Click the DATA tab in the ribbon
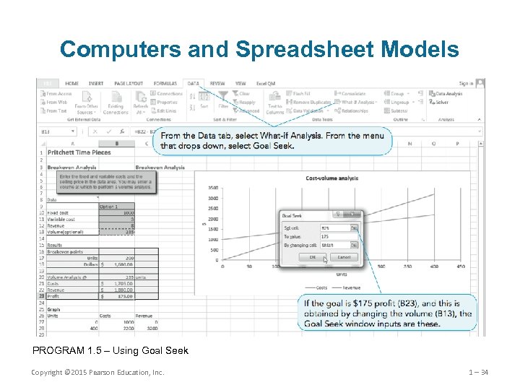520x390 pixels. [194, 83]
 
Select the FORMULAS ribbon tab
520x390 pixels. [165, 83]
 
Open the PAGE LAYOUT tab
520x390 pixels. [129, 83]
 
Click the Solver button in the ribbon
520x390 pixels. [441, 103]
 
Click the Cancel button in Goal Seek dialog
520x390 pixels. [344, 256]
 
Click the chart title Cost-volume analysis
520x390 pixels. [333, 178]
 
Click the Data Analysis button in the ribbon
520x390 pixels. [448, 94]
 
